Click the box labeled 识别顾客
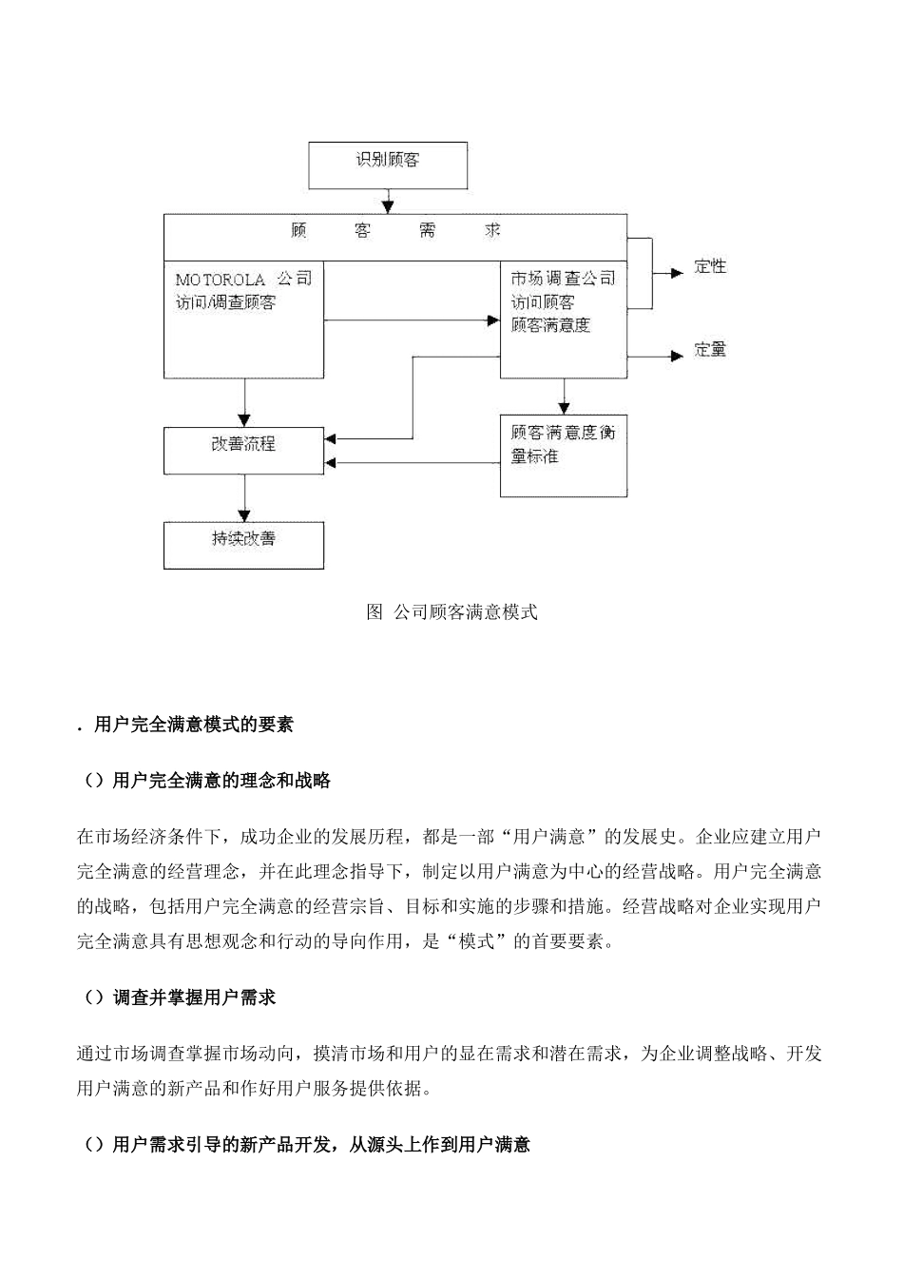pyautogui.click(x=388, y=165)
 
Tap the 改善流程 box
pyautogui.click(x=243, y=450)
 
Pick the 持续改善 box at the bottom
pyautogui.click(x=243, y=544)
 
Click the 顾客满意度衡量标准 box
pyautogui.click(x=563, y=455)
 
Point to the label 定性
pyautogui.click(x=710, y=267)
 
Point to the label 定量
pyautogui.click(x=710, y=350)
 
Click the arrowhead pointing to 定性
pyautogui.click(x=677, y=273)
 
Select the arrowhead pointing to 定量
pyautogui.click(x=677, y=356)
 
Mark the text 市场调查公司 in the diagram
pyautogui.click(x=563, y=279)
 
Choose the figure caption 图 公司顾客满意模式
pyautogui.click(x=451, y=612)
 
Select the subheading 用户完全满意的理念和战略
pyautogui.click(x=221, y=782)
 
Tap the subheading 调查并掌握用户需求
pyautogui.click(x=194, y=997)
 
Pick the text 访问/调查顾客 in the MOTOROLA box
pyautogui.click(x=226, y=303)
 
